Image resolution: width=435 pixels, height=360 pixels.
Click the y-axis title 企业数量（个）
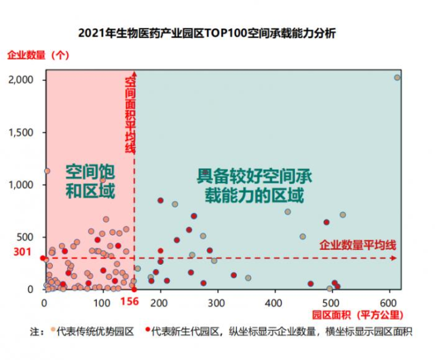click(38, 55)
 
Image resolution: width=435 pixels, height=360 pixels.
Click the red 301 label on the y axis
click(23, 253)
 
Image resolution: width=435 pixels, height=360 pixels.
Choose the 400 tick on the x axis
click(274, 301)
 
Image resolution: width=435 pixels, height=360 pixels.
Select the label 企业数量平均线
click(357, 244)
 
